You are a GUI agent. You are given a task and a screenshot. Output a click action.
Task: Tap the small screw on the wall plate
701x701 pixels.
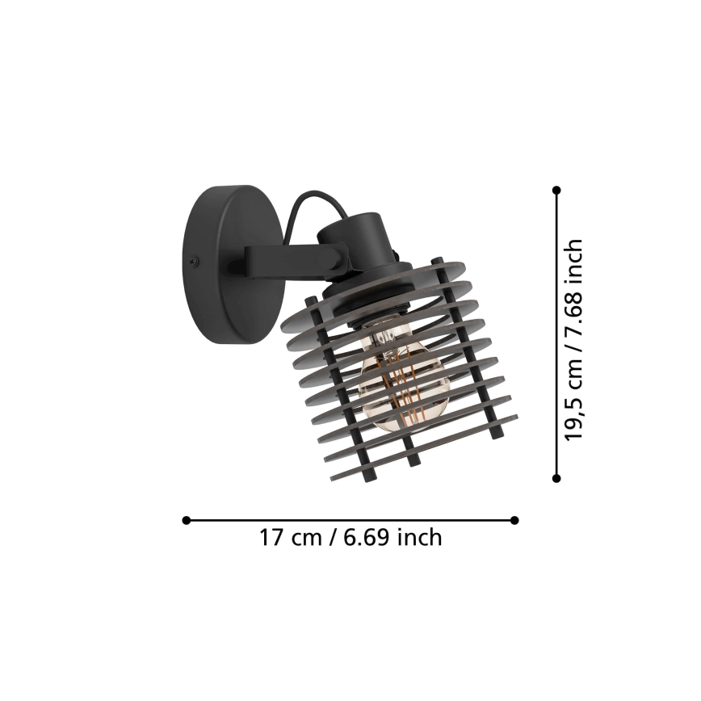click(194, 260)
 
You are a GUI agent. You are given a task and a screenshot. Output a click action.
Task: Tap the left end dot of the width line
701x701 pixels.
click(186, 520)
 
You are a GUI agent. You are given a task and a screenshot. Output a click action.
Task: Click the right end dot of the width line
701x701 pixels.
click(515, 520)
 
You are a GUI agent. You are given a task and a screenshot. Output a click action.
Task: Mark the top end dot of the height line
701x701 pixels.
click(556, 190)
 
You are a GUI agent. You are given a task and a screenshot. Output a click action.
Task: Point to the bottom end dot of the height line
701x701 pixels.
click(556, 478)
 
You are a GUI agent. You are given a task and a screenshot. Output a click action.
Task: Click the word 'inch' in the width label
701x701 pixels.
click(419, 537)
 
